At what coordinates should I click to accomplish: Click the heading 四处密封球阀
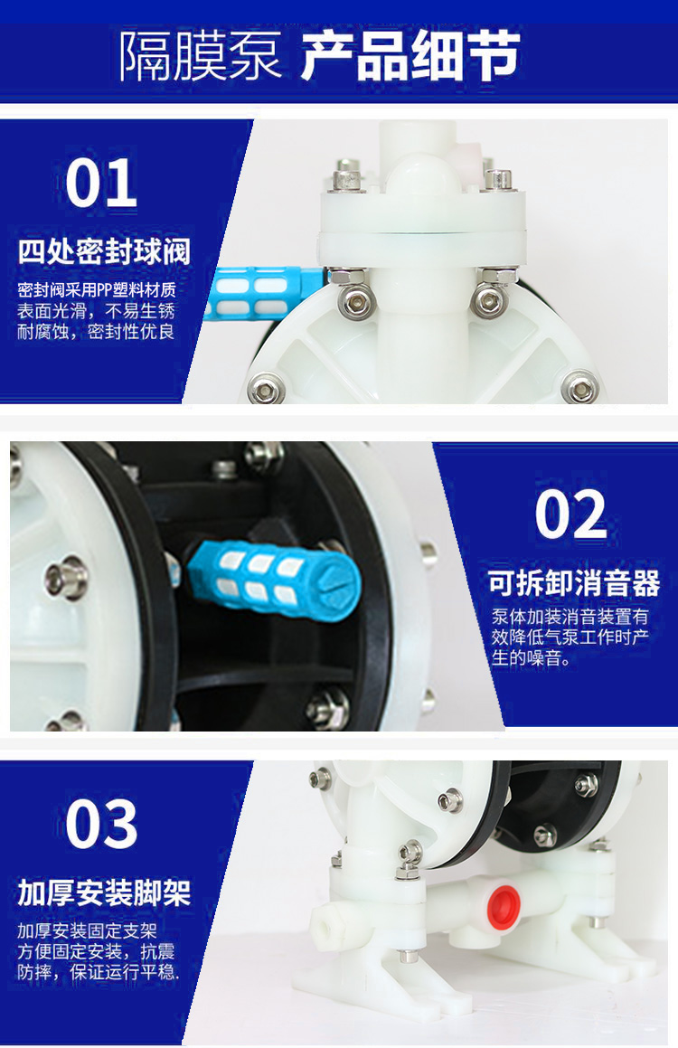click(x=105, y=251)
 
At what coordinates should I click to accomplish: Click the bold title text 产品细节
click(x=410, y=56)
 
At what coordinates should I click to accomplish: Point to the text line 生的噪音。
click(x=531, y=659)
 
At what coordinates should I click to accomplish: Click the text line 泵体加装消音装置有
click(x=570, y=618)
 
